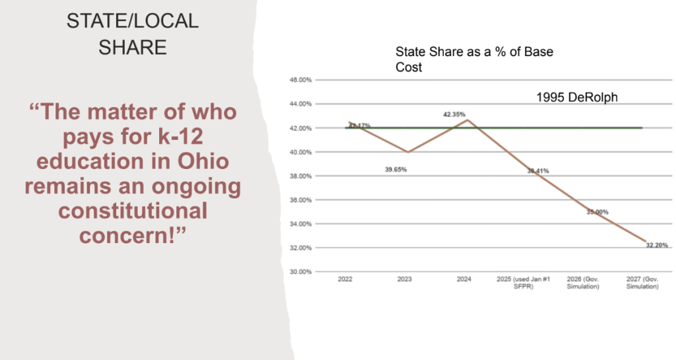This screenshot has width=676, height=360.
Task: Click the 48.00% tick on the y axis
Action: [x=301, y=80]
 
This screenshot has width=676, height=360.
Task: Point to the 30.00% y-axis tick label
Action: [x=301, y=271]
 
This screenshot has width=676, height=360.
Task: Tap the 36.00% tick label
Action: [x=301, y=199]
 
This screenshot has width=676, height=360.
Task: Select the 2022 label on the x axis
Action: [x=345, y=279]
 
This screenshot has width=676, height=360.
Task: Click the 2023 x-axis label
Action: [x=405, y=279]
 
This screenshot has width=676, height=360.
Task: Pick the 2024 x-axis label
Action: [x=464, y=279]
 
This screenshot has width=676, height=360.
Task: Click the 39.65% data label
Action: [x=396, y=170]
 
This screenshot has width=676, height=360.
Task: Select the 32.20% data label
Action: [x=657, y=245]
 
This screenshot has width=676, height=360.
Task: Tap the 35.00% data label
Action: [x=597, y=212]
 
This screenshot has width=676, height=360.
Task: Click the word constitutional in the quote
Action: [x=133, y=212]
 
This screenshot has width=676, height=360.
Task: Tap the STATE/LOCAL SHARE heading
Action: [x=133, y=34]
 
